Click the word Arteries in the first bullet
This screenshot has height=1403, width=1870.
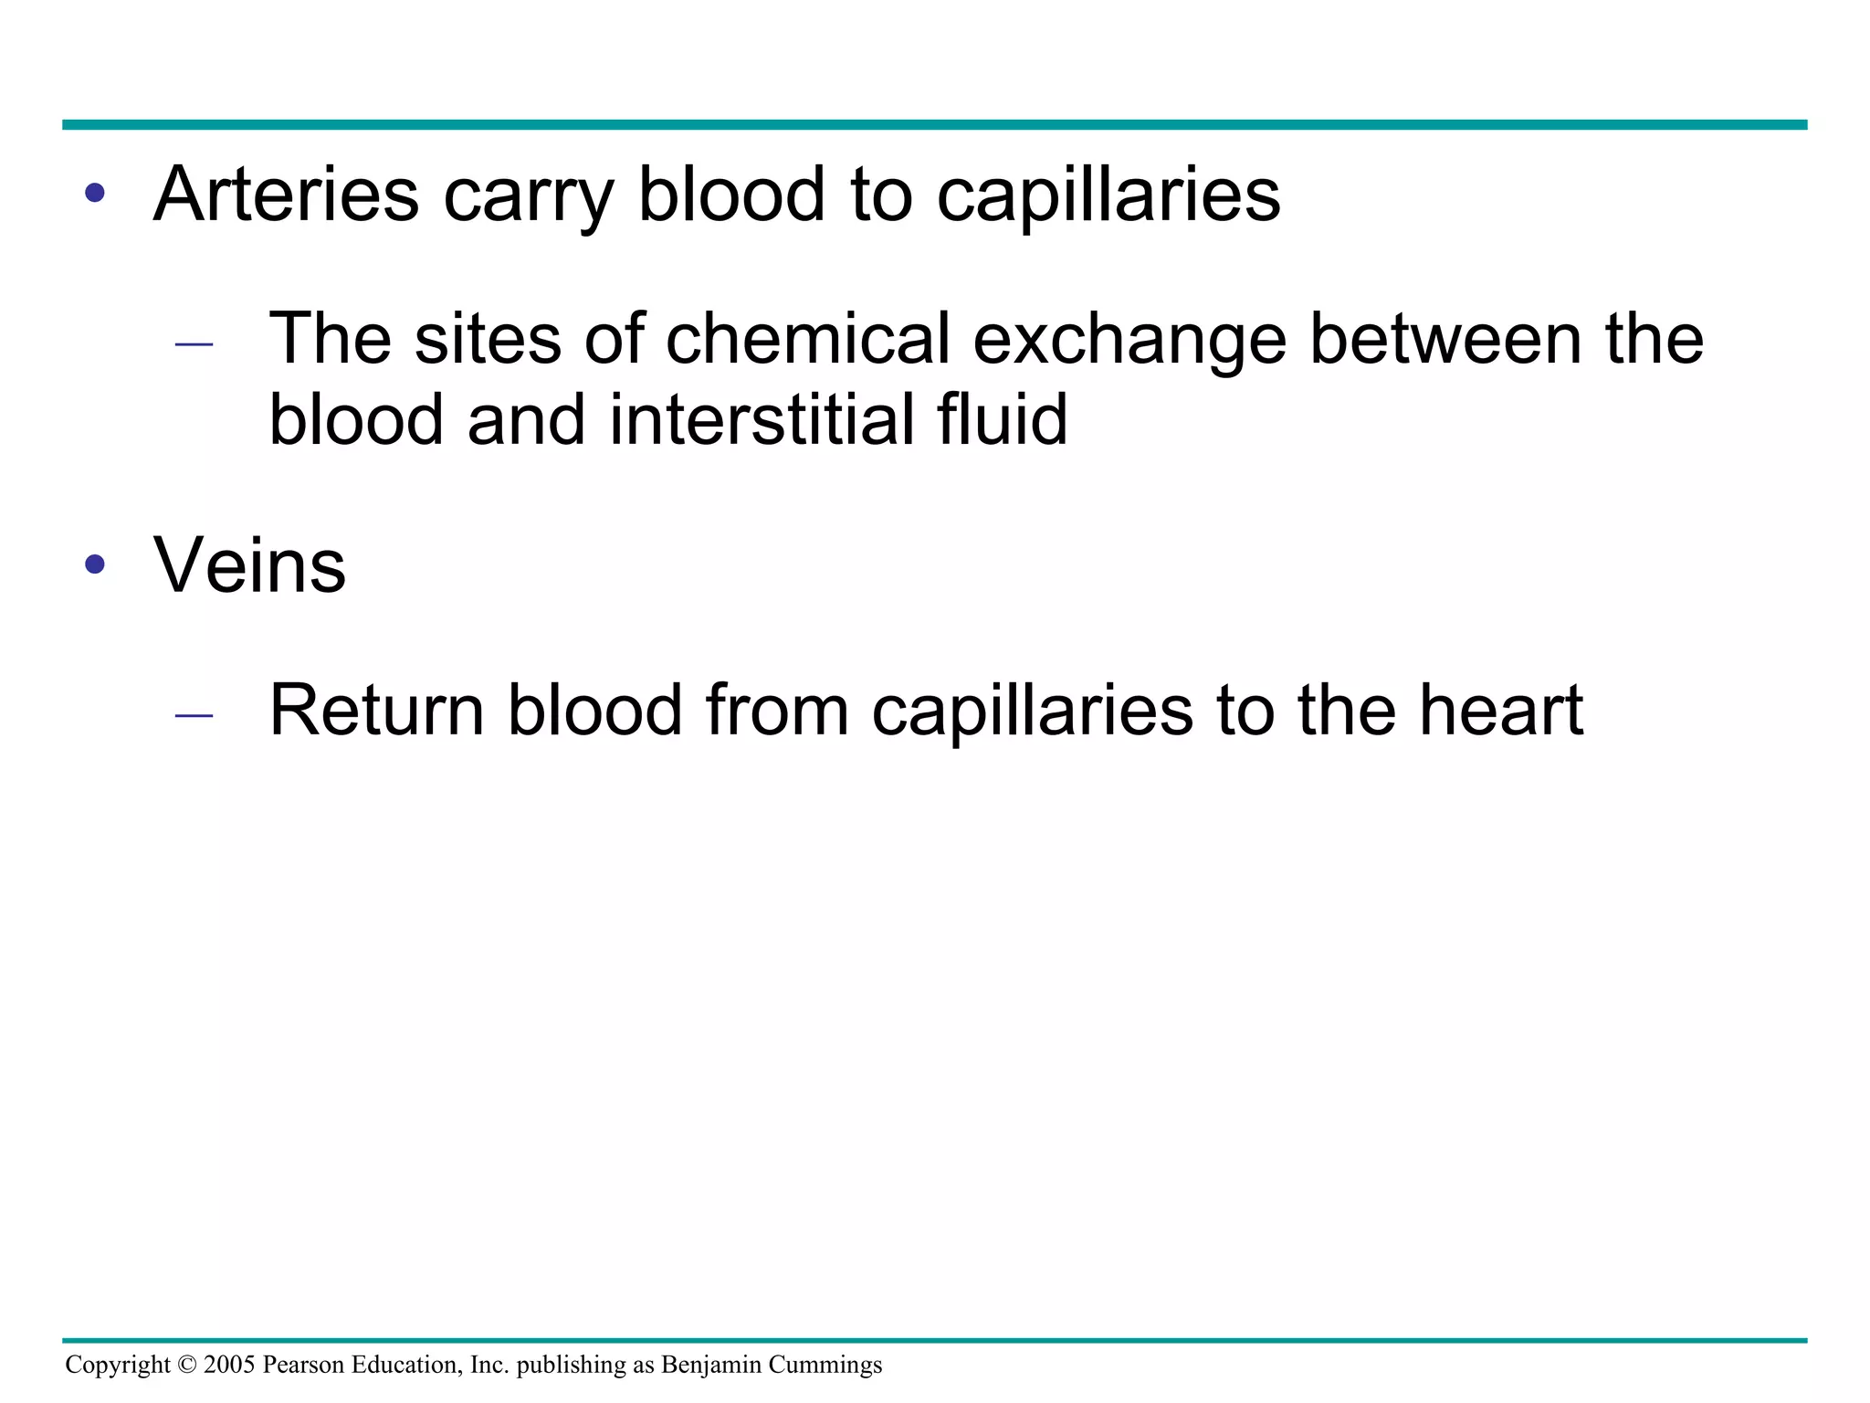click(x=286, y=195)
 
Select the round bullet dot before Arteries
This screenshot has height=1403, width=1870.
click(x=95, y=194)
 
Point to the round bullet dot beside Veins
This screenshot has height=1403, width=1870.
click(x=95, y=564)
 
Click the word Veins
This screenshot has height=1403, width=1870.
click(x=250, y=565)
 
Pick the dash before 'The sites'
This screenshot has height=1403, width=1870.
click(x=194, y=344)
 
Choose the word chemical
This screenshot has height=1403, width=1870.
click(x=808, y=339)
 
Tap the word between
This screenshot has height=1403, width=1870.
click(x=1445, y=339)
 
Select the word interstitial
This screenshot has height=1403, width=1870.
click(x=760, y=419)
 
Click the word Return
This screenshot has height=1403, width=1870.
click(x=376, y=710)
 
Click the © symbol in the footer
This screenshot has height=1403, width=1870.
click(x=187, y=1365)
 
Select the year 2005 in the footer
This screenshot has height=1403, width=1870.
click(x=229, y=1365)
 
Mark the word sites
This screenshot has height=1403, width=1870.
click(x=488, y=339)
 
